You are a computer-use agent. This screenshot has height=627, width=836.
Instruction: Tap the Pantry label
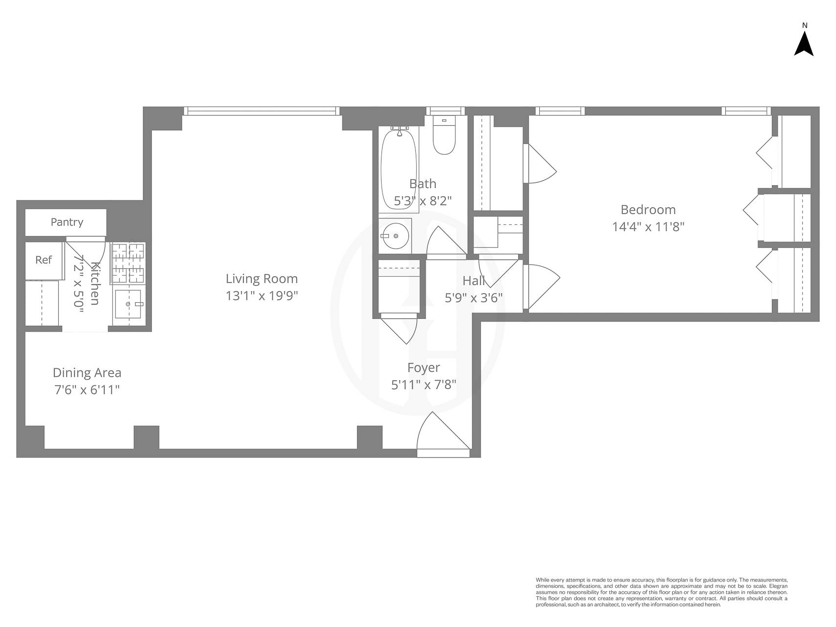click(67, 222)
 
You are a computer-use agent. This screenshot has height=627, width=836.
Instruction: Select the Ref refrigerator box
click(44, 260)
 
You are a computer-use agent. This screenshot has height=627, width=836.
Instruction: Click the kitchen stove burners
click(128, 263)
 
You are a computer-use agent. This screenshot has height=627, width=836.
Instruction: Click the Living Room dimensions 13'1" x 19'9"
click(262, 296)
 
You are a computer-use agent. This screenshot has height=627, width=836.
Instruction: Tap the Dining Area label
click(87, 373)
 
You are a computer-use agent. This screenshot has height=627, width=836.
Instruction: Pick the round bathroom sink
click(395, 236)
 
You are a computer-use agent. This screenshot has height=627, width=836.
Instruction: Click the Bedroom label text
click(648, 210)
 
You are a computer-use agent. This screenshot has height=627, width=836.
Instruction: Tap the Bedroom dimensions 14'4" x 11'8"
click(648, 227)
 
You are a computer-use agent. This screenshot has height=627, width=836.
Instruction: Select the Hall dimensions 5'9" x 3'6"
click(474, 298)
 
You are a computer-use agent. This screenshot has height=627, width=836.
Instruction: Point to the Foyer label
click(424, 368)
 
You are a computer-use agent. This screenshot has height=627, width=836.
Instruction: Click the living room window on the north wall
click(262, 111)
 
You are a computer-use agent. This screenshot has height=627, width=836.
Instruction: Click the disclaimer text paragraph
click(661, 592)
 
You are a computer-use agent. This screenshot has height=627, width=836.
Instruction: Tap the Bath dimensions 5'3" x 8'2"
click(423, 201)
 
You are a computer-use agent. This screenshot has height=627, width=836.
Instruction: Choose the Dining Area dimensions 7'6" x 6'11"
click(87, 390)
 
